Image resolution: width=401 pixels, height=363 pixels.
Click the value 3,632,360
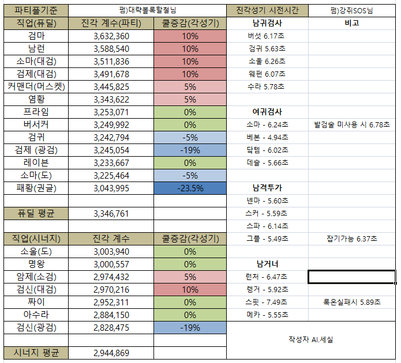[111, 36]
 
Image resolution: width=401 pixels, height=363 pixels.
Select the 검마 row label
[36, 36]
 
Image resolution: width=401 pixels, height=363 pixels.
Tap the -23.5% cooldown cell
[190, 188]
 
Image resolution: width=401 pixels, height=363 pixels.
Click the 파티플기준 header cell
[36, 10]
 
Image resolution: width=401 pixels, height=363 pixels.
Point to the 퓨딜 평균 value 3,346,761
[111, 213]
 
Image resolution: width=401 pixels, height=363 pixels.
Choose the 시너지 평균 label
[36, 353]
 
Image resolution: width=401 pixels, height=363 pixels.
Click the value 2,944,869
[111, 353]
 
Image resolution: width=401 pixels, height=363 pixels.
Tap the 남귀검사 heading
[267, 23]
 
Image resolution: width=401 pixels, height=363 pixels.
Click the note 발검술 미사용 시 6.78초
[352, 124]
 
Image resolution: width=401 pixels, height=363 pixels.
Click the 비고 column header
[352, 23]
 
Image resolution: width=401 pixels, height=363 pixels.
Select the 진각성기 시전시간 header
[267, 10]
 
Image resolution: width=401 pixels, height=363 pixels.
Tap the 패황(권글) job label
[36, 188]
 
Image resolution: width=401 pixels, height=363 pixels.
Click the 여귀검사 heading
[267, 112]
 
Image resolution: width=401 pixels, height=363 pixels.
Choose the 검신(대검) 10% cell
[190, 289]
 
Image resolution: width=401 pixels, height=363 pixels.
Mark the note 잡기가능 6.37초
[352, 239]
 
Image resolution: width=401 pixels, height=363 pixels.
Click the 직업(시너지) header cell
[36, 239]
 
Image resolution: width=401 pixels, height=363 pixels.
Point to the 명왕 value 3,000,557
[111, 264]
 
